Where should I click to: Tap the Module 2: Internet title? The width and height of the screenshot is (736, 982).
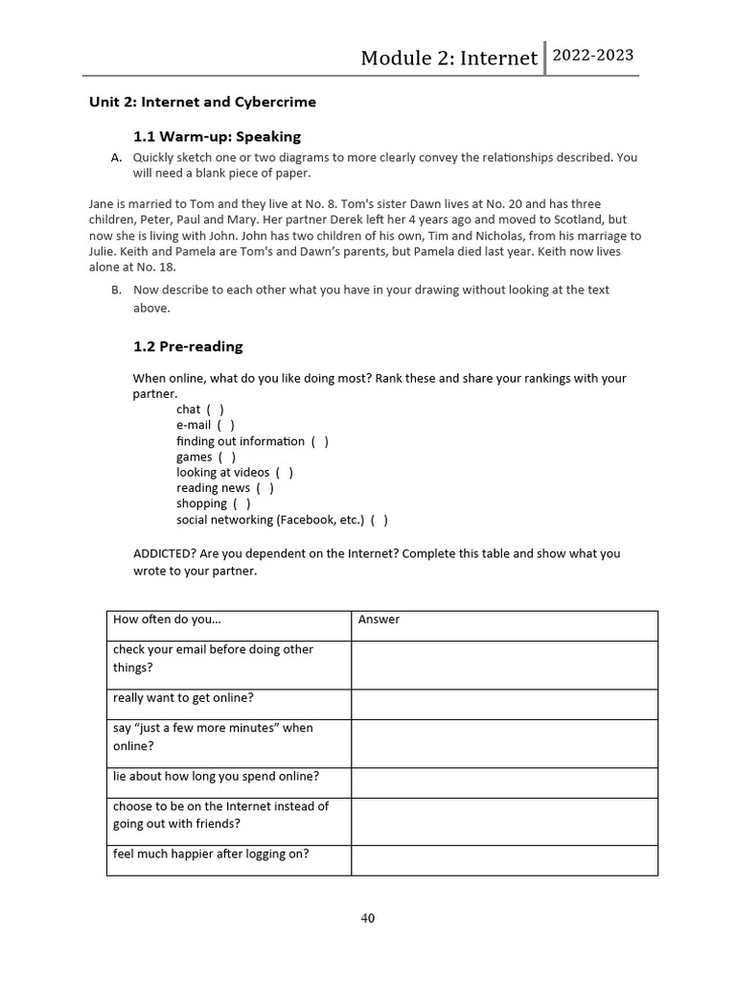[x=448, y=58]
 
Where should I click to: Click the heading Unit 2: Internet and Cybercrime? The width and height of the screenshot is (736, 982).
[x=202, y=102]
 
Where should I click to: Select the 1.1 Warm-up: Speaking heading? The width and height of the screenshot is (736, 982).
[x=217, y=136]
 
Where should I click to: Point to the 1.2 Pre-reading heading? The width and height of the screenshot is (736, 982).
[x=188, y=346]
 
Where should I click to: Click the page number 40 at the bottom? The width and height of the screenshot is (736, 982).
[x=368, y=918]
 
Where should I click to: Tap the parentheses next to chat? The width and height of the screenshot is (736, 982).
[x=216, y=409]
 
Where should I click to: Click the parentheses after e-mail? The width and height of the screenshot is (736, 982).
[x=225, y=425]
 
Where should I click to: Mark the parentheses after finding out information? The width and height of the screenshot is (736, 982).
[x=320, y=441]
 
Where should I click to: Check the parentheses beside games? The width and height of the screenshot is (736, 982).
[x=227, y=456]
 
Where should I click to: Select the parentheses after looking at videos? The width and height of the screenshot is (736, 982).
[x=285, y=472]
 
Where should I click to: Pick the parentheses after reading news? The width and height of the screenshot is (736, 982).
[x=265, y=488]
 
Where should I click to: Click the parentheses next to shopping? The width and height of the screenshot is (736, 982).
[x=241, y=503]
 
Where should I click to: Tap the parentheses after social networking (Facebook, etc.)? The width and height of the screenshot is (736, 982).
[x=379, y=520]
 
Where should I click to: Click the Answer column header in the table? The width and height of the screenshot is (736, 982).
[x=379, y=620]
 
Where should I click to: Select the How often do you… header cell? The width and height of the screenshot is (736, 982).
[x=167, y=620]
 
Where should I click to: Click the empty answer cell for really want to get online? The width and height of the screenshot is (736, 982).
[x=504, y=704]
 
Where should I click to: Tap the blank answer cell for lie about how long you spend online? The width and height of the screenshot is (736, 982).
[x=504, y=783]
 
